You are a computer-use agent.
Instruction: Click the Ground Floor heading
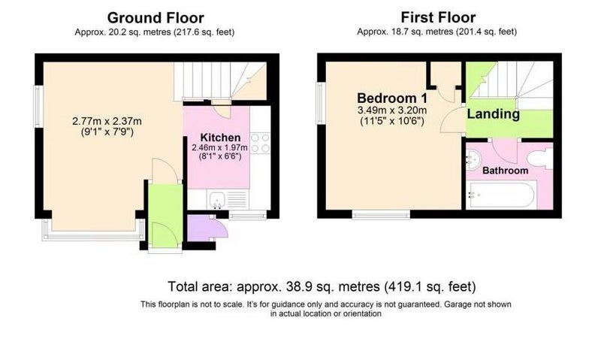pos(156,18)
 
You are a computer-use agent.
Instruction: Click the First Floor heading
pos(438,17)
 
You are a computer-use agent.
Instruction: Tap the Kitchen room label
pos(220,138)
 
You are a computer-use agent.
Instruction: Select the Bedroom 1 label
pos(392,98)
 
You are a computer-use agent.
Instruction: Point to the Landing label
pos(494,114)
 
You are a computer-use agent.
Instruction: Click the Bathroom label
pos(505,170)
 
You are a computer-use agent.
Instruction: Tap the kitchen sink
pos(217,200)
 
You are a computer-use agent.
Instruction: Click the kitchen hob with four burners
pos(260,143)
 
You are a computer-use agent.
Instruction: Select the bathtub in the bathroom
pos(501,195)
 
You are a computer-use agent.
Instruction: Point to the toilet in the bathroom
pos(540,159)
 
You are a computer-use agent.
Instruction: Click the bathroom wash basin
pos(473,159)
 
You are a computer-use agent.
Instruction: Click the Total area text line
pos(322,286)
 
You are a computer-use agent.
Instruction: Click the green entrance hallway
pos(165,216)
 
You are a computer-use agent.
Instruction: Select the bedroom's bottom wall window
pos(381,215)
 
